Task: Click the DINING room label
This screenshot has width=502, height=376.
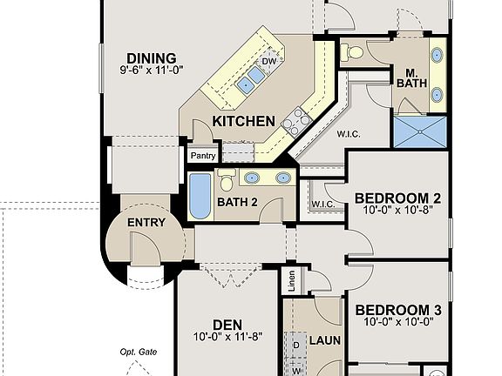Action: point(151,58)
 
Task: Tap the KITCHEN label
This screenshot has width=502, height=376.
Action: point(244,122)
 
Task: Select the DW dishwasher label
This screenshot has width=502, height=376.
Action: point(269,62)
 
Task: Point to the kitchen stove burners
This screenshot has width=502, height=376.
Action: point(296,122)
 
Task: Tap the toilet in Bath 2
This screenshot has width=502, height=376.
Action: point(226,181)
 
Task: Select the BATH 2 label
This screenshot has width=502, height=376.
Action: point(237,203)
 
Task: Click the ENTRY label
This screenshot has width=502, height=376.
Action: point(146,224)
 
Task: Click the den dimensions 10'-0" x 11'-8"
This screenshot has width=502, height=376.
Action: point(227,337)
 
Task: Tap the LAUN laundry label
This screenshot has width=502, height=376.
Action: point(324,340)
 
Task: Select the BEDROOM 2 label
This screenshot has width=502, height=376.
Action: point(397,198)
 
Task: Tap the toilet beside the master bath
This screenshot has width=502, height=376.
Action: point(352,51)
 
